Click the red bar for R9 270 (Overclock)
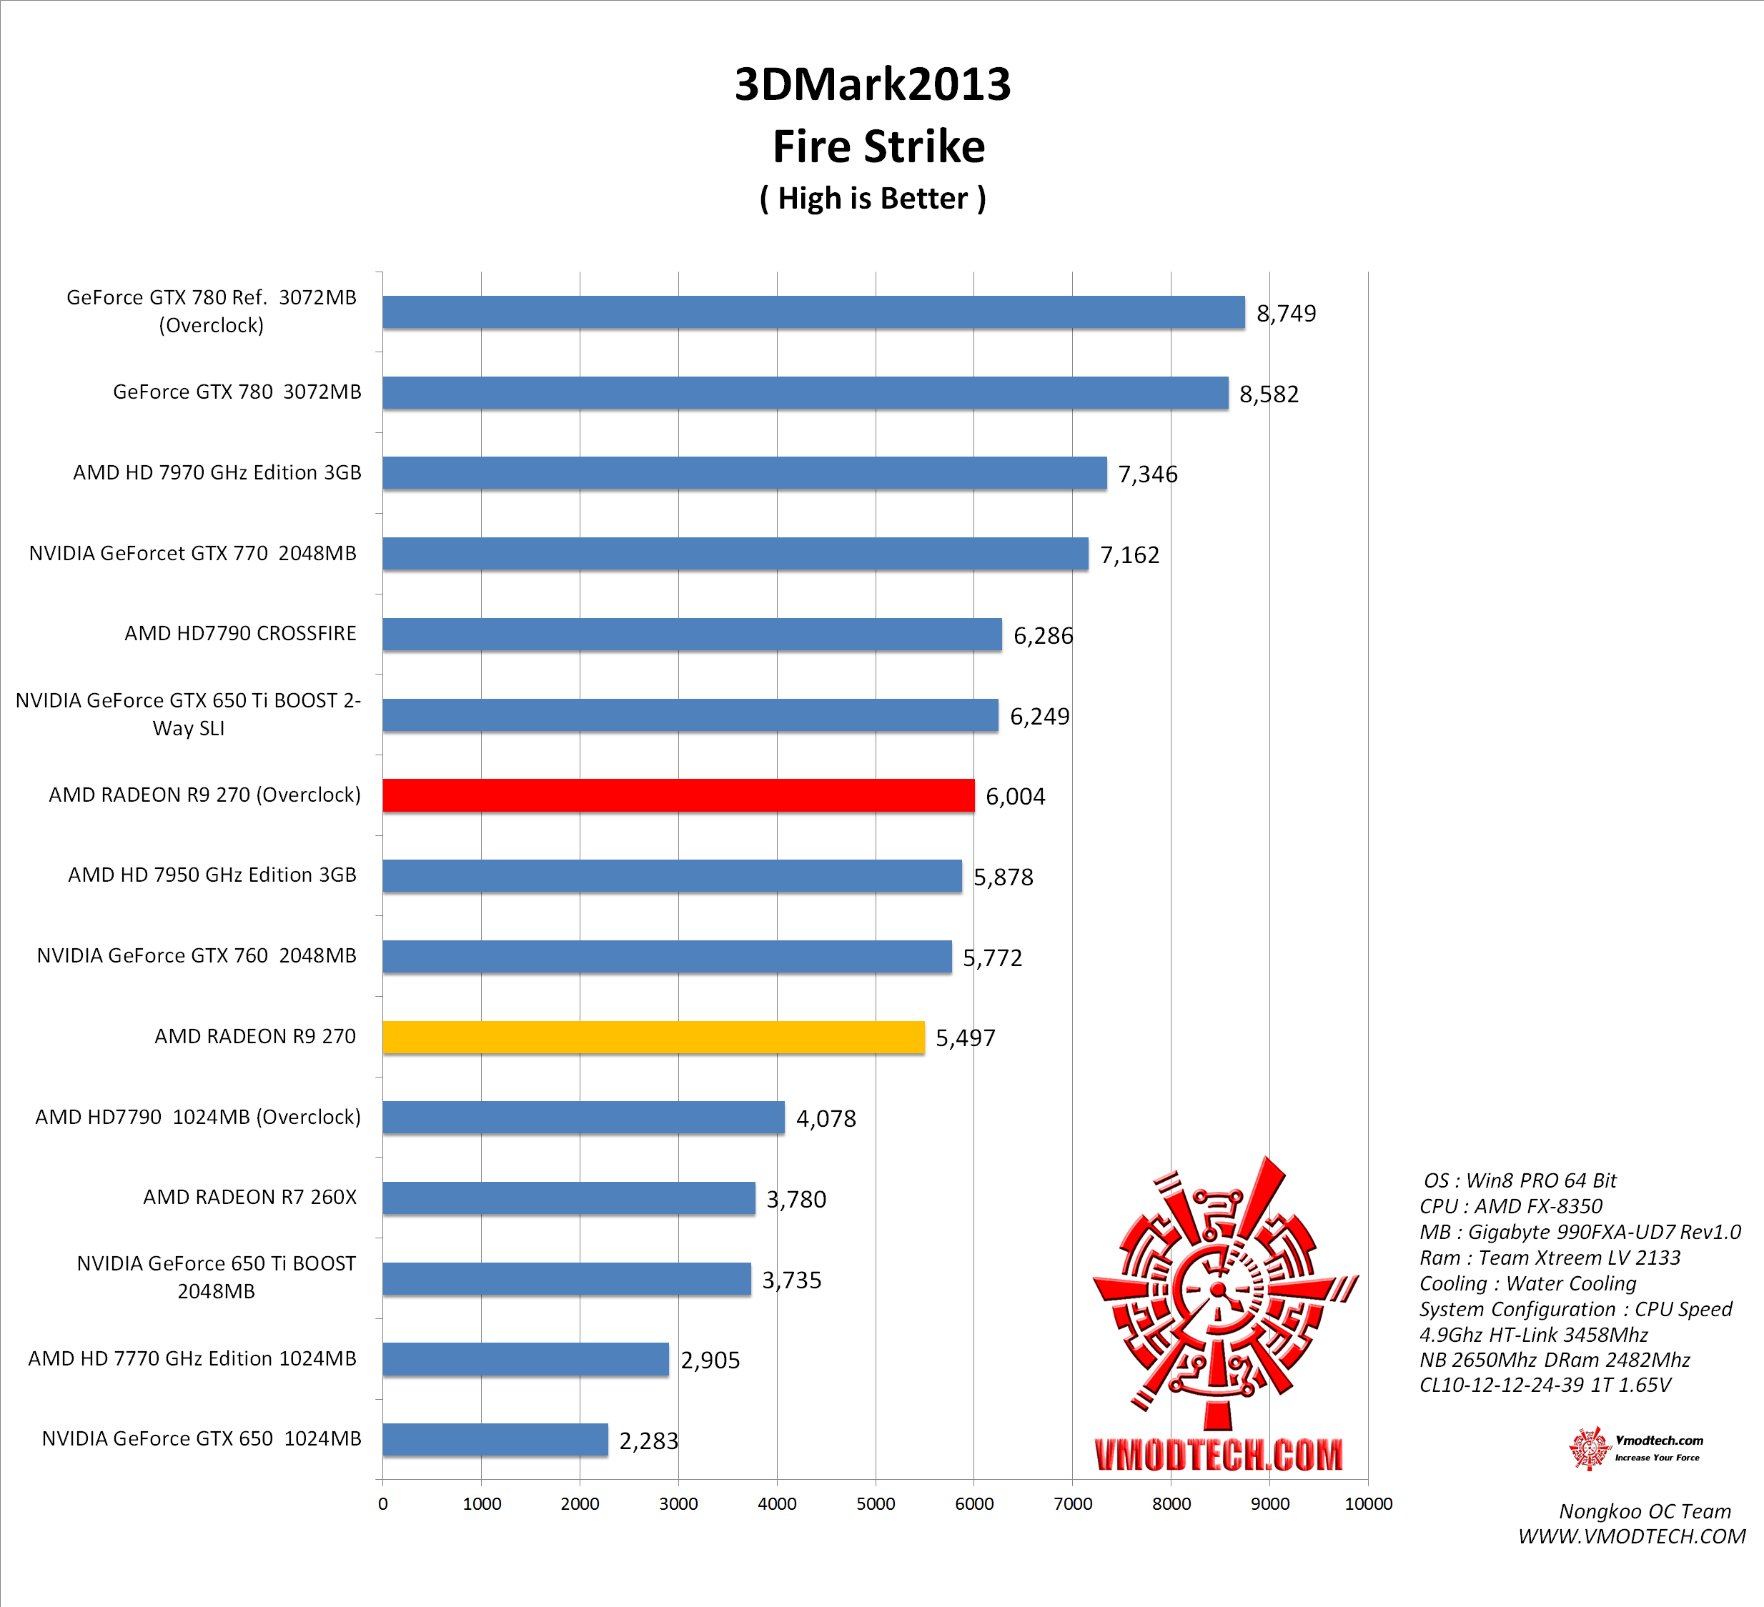point(678,795)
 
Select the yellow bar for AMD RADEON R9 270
point(653,1037)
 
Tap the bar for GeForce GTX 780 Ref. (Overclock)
point(813,312)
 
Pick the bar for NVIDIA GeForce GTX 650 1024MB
point(495,1439)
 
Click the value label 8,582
point(1269,394)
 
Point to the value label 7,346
point(1148,474)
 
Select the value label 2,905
point(710,1360)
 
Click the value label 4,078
point(826,1118)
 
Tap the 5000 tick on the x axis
point(876,1504)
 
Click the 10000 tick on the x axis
point(1367,1504)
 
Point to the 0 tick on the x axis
point(382,1504)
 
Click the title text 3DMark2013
point(873,85)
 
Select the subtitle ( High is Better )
point(873,199)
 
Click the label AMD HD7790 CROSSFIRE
point(241,633)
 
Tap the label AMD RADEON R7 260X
point(249,1197)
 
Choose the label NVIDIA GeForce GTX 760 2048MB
point(197,955)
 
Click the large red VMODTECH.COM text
point(1218,1455)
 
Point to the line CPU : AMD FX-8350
point(1510,1206)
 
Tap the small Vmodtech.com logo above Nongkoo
point(1635,1448)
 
